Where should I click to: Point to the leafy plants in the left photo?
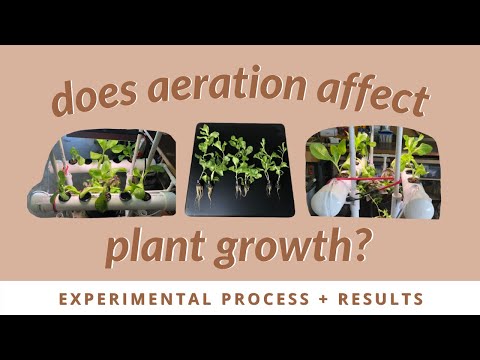pyautogui.click(x=100, y=165)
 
